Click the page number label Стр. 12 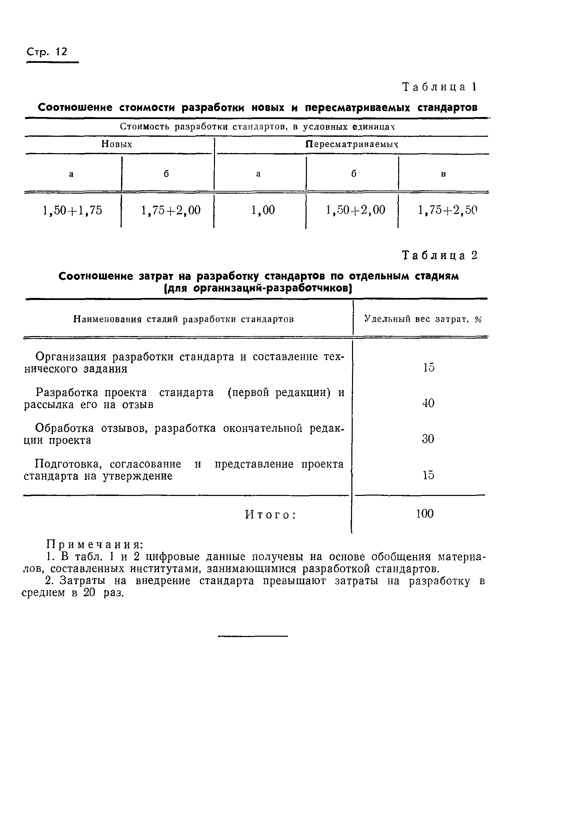(x=47, y=52)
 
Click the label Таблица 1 (x=439, y=87)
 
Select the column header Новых (x=117, y=144)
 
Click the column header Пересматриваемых (x=352, y=144)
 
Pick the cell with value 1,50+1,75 (x=72, y=210)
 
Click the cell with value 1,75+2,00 (x=171, y=210)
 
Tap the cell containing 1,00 (x=263, y=210)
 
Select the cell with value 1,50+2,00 (x=355, y=210)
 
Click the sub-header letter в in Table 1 (x=443, y=174)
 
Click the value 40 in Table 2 (x=428, y=403)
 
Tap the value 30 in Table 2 (x=428, y=439)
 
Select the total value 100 (x=425, y=514)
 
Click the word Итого (x=270, y=515)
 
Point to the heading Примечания (x=95, y=545)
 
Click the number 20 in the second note (x=89, y=593)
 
